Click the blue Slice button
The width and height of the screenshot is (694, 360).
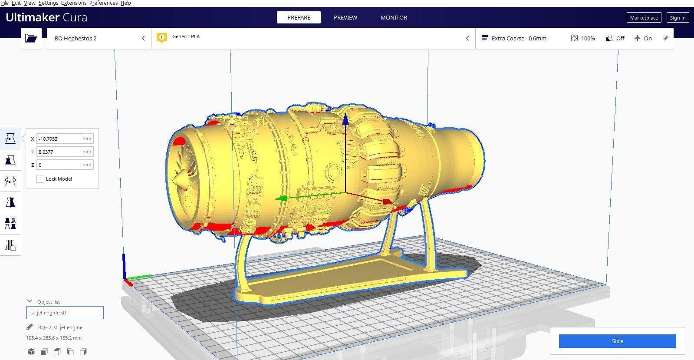point(617,341)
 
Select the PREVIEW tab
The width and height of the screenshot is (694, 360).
point(345,17)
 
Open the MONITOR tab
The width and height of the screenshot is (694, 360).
point(394,17)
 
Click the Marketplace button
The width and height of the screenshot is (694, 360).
point(644,17)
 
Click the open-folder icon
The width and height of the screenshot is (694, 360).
point(31,38)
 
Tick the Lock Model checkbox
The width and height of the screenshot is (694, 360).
point(40,179)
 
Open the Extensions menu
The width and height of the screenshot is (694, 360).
point(73,3)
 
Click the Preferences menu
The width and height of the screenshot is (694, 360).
point(103,3)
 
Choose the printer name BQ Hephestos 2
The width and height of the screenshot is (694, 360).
point(76,38)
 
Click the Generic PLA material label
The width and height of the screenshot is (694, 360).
point(186,36)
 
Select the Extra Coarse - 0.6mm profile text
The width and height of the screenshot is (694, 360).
point(519,38)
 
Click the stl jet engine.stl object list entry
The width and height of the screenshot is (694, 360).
point(65,313)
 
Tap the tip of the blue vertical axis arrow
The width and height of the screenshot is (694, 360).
point(345,118)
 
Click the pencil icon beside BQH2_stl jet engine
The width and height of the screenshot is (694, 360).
point(30,327)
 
